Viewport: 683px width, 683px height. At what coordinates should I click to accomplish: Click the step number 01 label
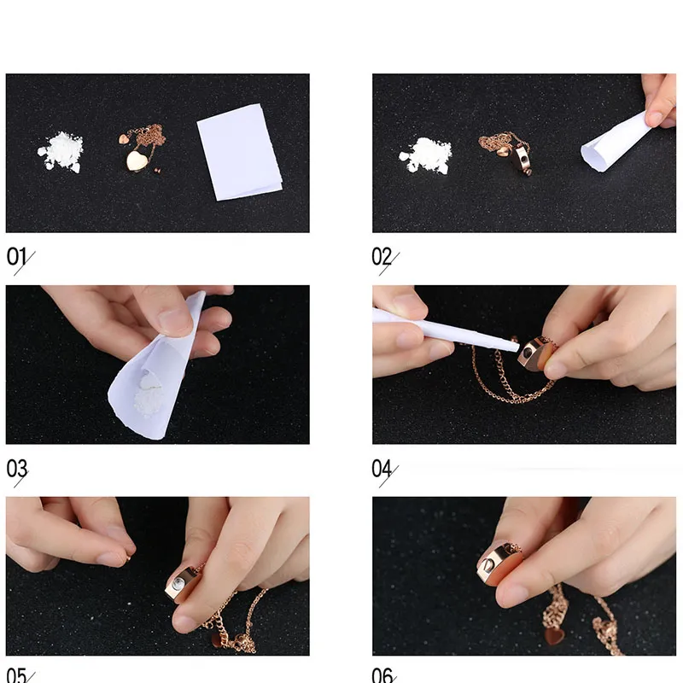(x=16, y=257)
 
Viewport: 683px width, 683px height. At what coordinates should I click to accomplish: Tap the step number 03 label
(x=17, y=469)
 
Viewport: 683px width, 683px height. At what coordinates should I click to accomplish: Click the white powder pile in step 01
(x=60, y=151)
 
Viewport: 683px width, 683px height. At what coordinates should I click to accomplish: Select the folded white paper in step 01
(x=239, y=152)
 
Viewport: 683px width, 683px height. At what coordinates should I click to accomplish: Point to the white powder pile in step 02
(x=425, y=155)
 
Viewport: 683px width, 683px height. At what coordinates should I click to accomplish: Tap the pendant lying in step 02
(x=522, y=159)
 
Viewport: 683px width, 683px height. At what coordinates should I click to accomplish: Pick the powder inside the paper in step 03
(x=148, y=397)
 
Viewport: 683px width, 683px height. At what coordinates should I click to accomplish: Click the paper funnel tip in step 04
(x=517, y=347)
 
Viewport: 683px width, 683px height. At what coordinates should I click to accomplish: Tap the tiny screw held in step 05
(x=129, y=557)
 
